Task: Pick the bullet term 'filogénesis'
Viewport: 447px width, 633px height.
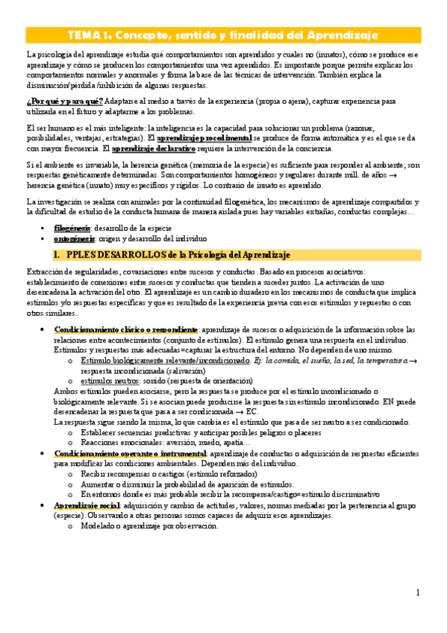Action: pos(72,227)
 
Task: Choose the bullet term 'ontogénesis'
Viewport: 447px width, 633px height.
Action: pos(74,239)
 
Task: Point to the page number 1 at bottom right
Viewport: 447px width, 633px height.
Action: pos(418,593)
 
